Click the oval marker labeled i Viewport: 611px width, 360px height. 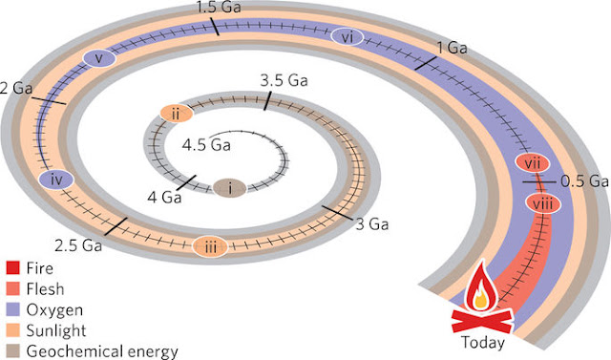pyautogui.click(x=229, y=188)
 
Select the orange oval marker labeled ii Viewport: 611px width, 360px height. pyautogui.click(x=177, y=114)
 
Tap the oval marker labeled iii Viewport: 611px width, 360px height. pyautogui.click(x=210, y=246)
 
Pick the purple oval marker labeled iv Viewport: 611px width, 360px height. pyautogui.click(x=56, y=180)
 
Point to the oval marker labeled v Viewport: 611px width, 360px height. pyautogui.click(x=99, y=58)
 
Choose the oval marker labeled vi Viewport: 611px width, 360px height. pyautogui.click(x=348, y=37)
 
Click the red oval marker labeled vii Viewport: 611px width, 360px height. pyautogui.click(x=533, y=163)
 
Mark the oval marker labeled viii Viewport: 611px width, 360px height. pyautogui.click(x=543, y=203)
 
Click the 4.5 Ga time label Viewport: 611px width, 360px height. pyautogui.click(x=206, y=145)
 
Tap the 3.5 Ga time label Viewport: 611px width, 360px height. pyautogui.click(x=284, y=80)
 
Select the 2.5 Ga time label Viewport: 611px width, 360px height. pyautogui.click(x=78, y=245)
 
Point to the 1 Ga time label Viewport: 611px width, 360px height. pyautogui.click(x=452, y=48)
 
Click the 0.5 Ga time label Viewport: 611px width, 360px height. pyautogui.click(x=584, y=181)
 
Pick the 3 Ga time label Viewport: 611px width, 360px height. pyautogui.click(x=372, y=224)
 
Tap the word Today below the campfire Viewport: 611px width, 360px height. pyautogui.click(x=483, y=343)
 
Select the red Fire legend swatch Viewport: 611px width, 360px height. pyautogui.click(x=12, y=268)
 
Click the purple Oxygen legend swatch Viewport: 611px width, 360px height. pyautogui.click(x=12, y=309)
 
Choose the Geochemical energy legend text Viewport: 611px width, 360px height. pyautogui.click(x=102, y=351)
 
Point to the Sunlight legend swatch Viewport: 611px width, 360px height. pyautogui.click(x=12, y=330)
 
